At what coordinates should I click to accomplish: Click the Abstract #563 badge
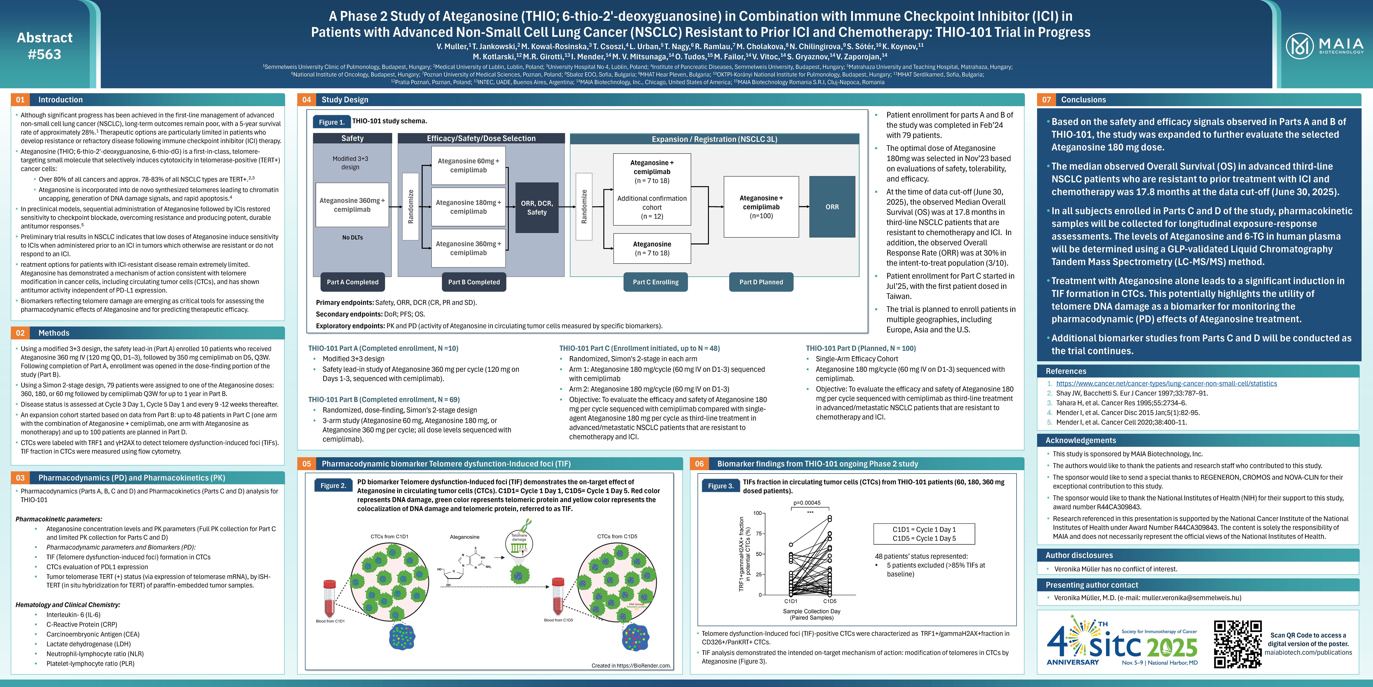tap(45, 46)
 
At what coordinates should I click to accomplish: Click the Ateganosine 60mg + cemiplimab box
tap(468, 165)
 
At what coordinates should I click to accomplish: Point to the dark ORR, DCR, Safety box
tap(537, 207)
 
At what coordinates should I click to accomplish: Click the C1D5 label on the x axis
tap(829, 601)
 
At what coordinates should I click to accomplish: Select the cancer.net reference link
tap(1166, 384)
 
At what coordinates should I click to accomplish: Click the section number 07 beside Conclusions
tap(1046, 100)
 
